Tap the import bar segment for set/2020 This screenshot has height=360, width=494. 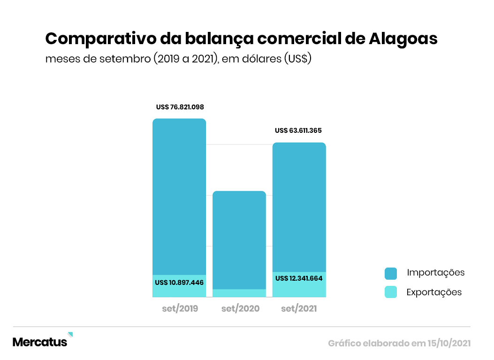tap(239, 239)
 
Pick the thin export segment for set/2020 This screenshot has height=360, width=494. tap(239, 293)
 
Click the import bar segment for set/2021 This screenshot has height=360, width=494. tap(299, 207)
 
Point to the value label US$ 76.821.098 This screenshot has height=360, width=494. tap(180, 107)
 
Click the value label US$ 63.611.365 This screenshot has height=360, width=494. tap(298, 130)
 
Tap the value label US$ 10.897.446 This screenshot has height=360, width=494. tap(179, 283)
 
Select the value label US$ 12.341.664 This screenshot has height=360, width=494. tap(299, 278)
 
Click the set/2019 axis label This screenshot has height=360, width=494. tap(180, 309)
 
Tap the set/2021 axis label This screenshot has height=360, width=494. tap(299, 309)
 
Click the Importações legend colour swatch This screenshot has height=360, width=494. tap(391, 273)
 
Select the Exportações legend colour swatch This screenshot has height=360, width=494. tap(391, 292)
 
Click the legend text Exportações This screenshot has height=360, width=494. tap(434, 292)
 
